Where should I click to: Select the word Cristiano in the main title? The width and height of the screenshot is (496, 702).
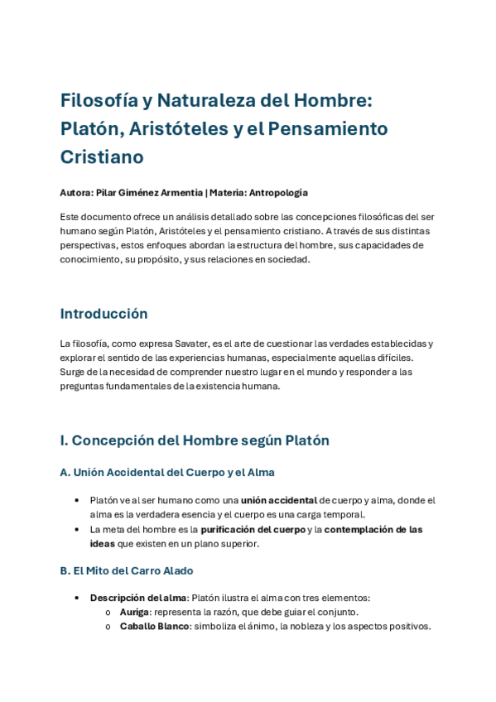[x=102, y=156]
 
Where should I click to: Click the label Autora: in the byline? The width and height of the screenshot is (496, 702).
[x=76, y=193]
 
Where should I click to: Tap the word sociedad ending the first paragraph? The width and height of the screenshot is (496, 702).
[x=287, y=259]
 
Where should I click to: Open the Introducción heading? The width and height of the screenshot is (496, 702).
[x=104, y=314]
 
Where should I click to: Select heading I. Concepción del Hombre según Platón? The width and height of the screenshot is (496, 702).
[x=195, y=440]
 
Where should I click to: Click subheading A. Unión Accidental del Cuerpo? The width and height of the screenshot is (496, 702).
[x=167, y=473]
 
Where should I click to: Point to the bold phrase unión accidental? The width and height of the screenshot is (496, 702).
[x=279, y=500]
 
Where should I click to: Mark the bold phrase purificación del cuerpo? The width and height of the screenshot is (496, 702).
[x=253, y=529]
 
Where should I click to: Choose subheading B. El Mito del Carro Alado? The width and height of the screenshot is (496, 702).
[x=126, y=571]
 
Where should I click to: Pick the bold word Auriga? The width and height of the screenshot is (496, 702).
[x=134, y=612]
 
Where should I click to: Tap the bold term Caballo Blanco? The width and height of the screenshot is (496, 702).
[x=154, y=626]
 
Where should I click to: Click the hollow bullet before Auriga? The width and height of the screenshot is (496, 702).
[x=108, y=613]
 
